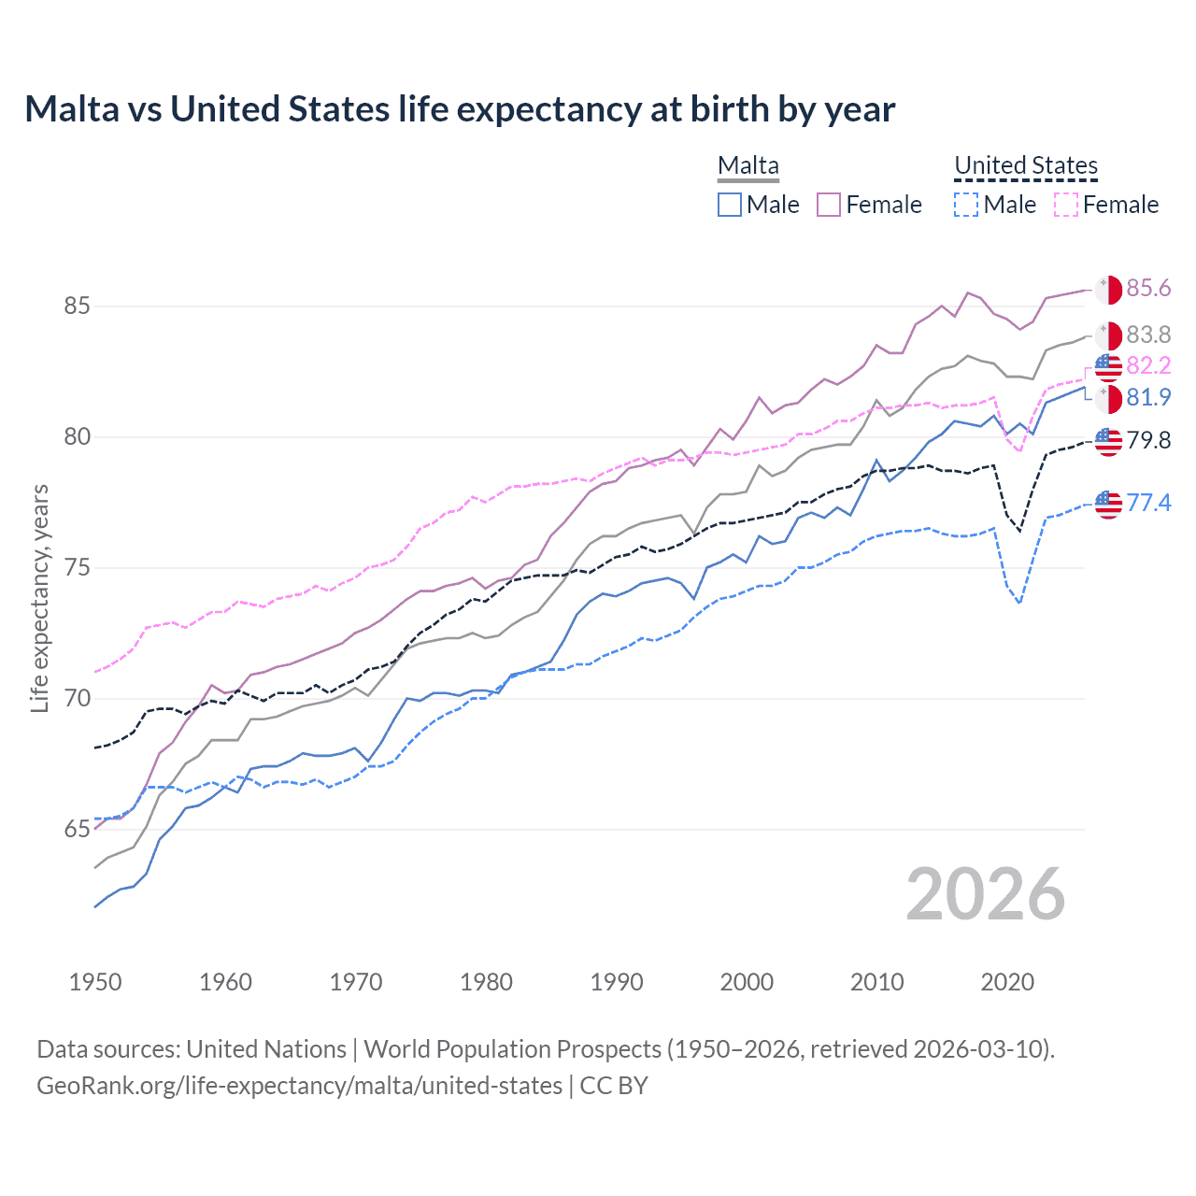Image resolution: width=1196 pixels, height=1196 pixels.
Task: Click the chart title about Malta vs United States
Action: tap(460, 109)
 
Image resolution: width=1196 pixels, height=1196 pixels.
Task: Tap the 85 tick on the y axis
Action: tap(78, 306)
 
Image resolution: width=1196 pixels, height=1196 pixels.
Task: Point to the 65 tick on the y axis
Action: tap(78, 830)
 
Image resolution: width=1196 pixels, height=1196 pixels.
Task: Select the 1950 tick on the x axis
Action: tap(95, 982)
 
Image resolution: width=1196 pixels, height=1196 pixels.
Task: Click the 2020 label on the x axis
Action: tap(1007, 982)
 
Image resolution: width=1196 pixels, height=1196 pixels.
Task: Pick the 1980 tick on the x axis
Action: tap(486, 982)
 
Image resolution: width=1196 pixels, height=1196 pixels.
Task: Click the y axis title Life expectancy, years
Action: tap(39, 598)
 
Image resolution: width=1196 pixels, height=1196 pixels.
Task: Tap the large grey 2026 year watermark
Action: tap(986, 894)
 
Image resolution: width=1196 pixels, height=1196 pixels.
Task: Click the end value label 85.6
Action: tap(1148, 289)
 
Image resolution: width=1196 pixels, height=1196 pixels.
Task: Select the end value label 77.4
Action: tap(1148, 504)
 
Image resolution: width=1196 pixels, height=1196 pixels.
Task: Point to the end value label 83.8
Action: tap(1148, 335)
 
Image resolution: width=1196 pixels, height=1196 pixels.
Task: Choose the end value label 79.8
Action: tap(1148, 441)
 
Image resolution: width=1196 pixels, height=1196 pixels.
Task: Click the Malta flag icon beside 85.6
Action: tap(1108, 290)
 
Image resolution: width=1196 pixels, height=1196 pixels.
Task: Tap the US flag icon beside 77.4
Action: tap(1108, 504)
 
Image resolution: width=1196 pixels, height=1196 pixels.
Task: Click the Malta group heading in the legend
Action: tap(747, 166)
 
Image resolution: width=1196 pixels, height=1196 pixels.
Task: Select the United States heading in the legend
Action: tap(1026, 166)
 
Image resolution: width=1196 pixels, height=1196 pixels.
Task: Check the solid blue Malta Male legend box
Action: tap(730, 205)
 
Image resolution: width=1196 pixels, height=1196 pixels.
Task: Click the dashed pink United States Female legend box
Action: tap(1066, 205)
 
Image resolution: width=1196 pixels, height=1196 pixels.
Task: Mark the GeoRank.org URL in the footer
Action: tap(299, 1086)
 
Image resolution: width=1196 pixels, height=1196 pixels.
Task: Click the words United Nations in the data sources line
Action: tap(266, 1049)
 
